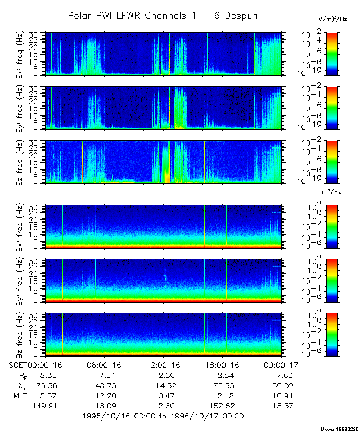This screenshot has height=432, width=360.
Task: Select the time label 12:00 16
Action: click(x=163, y=365)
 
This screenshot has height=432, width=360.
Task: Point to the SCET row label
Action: click(x=19, y=365)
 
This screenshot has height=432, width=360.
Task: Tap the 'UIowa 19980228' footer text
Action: click(x=340, y=428)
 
